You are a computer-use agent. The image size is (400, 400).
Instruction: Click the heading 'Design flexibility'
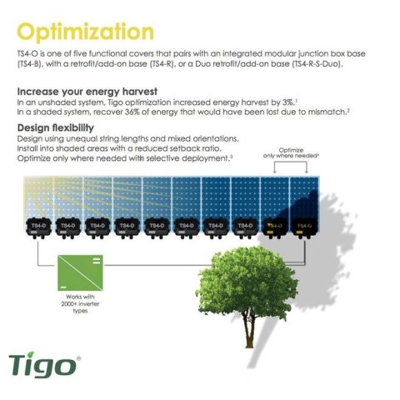point(56,127)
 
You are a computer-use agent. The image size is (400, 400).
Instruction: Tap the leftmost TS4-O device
point(37,225)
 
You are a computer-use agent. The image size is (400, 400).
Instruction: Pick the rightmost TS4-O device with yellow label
point(305,225)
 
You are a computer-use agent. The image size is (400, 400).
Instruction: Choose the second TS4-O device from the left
point(67,225)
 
